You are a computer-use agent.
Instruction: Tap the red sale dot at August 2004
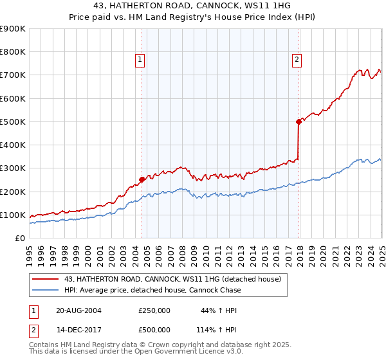pos(142,180)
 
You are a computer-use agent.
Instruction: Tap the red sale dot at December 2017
pos(299,122)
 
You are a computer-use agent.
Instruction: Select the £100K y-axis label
pos(13,215)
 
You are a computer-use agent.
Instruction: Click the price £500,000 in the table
pos(154,330)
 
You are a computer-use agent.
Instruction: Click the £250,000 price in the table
pos(154,311)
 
